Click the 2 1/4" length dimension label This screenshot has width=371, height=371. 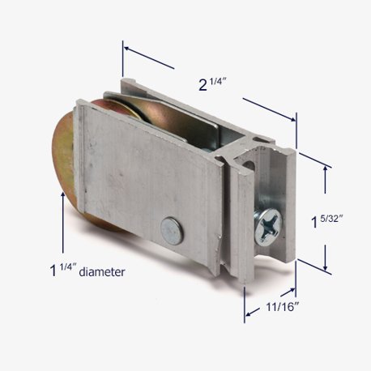tap(212, 84)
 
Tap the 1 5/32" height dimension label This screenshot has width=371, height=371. tap(326, 221)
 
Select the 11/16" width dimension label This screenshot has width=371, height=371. tap(283, 307)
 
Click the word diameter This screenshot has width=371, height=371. tap(102, 271)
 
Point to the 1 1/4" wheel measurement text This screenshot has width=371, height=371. tap(62, 270)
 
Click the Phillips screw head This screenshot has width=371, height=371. tap(268, 227)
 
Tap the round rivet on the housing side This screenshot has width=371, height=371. tap(172, 230)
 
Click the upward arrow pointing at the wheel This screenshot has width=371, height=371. tap(63, 222)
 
